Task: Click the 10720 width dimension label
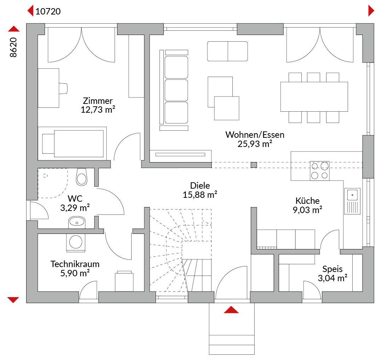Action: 48,11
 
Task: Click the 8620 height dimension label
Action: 13,47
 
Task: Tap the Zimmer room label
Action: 98,101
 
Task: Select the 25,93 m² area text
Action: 255,144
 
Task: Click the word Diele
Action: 200,186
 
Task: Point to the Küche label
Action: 307,201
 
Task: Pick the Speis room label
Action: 332,269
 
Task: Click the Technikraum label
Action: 75,264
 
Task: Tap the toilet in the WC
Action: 82,177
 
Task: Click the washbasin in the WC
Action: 77,222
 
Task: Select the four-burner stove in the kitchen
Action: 320,171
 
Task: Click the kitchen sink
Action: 352,201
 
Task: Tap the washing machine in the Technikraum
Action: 76,242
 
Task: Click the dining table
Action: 314,97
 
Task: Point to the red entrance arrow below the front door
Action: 231,309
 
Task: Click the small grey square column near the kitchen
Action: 254,165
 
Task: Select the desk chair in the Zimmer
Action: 63,88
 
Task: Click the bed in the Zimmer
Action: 72,143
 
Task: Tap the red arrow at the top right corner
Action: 371,11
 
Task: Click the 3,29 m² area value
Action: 75,208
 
